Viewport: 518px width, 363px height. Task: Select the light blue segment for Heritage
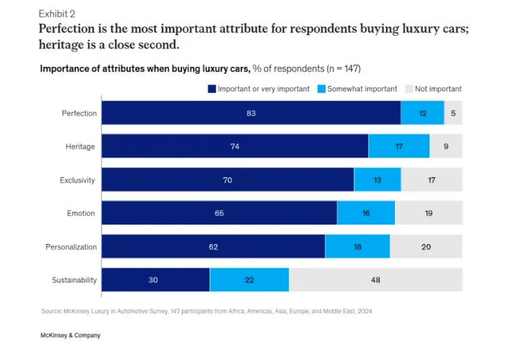coord(399,146)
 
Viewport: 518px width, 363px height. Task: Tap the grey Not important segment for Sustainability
coord(376,280)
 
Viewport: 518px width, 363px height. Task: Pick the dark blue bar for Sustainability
coord(156,280)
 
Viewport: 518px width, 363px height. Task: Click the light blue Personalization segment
coord(357,247)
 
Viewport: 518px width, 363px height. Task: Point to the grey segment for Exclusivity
coord(431,180)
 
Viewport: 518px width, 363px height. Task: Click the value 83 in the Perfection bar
coord(251,113)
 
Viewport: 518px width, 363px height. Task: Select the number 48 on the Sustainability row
coord(375,280)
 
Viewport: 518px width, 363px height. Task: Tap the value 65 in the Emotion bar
coord(219,214)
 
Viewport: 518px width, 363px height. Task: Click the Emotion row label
coord(80,214)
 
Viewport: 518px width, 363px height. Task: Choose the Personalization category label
coord(71,247)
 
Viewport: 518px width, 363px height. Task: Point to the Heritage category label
coord(80,147)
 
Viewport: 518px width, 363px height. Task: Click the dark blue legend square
coord(212,89)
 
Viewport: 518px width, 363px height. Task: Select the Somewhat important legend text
coord(362,89)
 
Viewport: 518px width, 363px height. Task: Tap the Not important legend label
coord(438,89)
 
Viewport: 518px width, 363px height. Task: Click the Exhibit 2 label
coord(57,14)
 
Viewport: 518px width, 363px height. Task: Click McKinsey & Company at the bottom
coord(70,335)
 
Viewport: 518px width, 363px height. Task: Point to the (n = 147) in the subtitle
coord(346,69)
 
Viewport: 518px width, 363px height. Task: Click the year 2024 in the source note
coord(363,312)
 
